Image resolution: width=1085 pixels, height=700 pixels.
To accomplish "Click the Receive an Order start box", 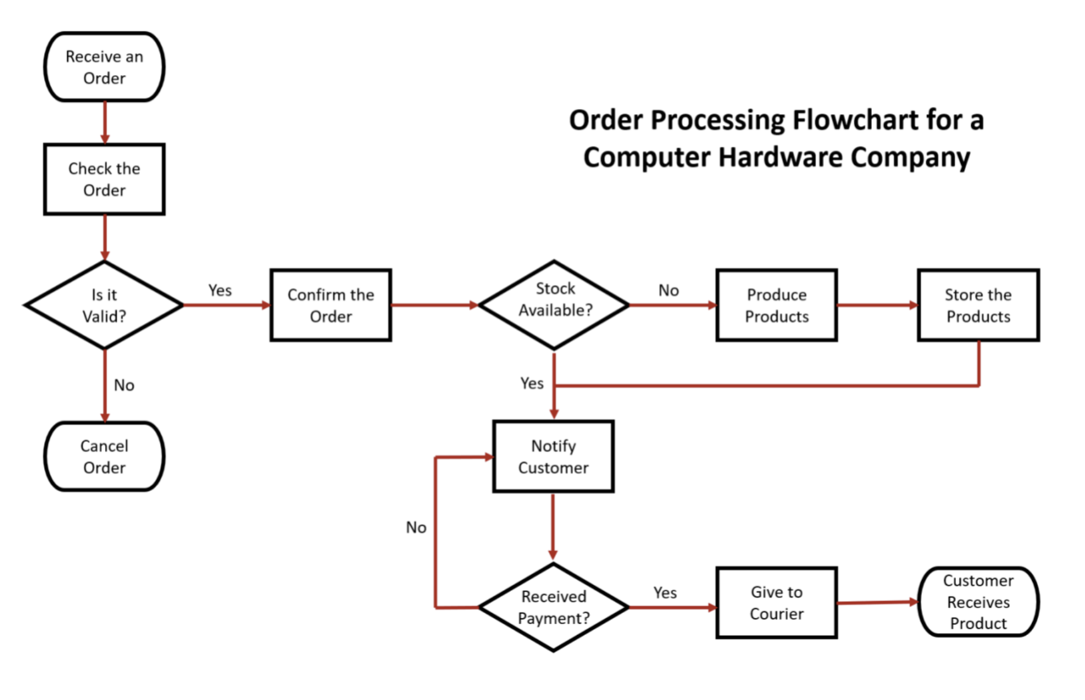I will [104, 67].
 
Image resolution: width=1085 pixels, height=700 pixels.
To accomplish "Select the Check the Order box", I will [104, 179].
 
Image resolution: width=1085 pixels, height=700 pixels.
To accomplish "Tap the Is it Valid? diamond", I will [104, 305].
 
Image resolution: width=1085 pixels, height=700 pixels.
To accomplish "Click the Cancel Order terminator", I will [104, 456].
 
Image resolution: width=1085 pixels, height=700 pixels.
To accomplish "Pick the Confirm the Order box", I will [331, 305].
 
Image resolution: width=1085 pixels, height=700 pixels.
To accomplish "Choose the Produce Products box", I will [776, 305].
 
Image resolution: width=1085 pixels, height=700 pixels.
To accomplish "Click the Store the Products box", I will [978, 305].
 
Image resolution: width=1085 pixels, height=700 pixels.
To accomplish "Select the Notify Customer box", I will [553, 456].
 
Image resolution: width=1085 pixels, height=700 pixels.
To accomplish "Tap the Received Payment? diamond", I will [553, 607].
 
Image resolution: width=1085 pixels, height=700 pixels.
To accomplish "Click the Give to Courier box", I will [776, 603].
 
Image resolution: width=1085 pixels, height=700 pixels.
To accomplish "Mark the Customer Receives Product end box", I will [978, 602].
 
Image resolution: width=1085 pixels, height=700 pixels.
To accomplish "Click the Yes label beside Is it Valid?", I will [220, 290].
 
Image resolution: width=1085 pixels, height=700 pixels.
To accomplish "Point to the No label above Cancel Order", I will [124, 385].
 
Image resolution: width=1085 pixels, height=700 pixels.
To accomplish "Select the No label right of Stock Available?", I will [668, 290].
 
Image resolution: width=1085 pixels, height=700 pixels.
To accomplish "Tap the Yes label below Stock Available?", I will [531, 383].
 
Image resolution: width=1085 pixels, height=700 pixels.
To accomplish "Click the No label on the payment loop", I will [416, 527].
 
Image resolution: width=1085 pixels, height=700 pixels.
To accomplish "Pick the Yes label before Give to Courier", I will [665, 593].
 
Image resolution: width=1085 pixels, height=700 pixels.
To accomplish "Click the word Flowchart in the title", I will [856, 120].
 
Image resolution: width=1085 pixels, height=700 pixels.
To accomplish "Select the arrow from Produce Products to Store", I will [877, 305].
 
